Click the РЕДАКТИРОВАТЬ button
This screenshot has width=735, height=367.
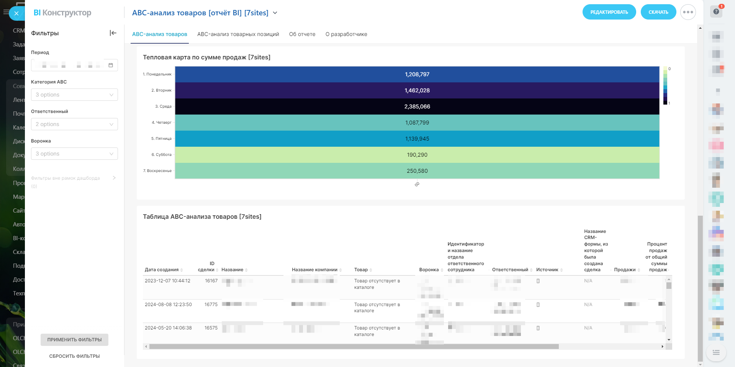(609, 12)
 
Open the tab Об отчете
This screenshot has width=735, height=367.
(302, 34)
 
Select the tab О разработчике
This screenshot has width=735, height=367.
(346, 34)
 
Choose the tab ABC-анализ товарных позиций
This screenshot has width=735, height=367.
(238, 34)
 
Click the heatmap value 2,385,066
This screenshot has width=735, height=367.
(417, 106)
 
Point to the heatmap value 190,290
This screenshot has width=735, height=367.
(417, 155)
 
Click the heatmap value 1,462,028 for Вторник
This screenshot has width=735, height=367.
(417, 90)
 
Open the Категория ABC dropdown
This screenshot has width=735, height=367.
(74, 95)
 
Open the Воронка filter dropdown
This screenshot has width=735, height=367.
(74, 154)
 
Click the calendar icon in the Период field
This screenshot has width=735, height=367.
(111, 65)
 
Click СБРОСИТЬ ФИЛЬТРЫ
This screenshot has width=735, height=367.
(74, 356)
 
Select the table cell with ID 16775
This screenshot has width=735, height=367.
(211, 305)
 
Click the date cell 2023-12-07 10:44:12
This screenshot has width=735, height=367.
(167, 281)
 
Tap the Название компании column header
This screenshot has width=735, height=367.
(314, 270)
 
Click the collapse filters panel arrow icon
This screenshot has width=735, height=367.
(113, 33)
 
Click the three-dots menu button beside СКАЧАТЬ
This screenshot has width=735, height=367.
(688, 12)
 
